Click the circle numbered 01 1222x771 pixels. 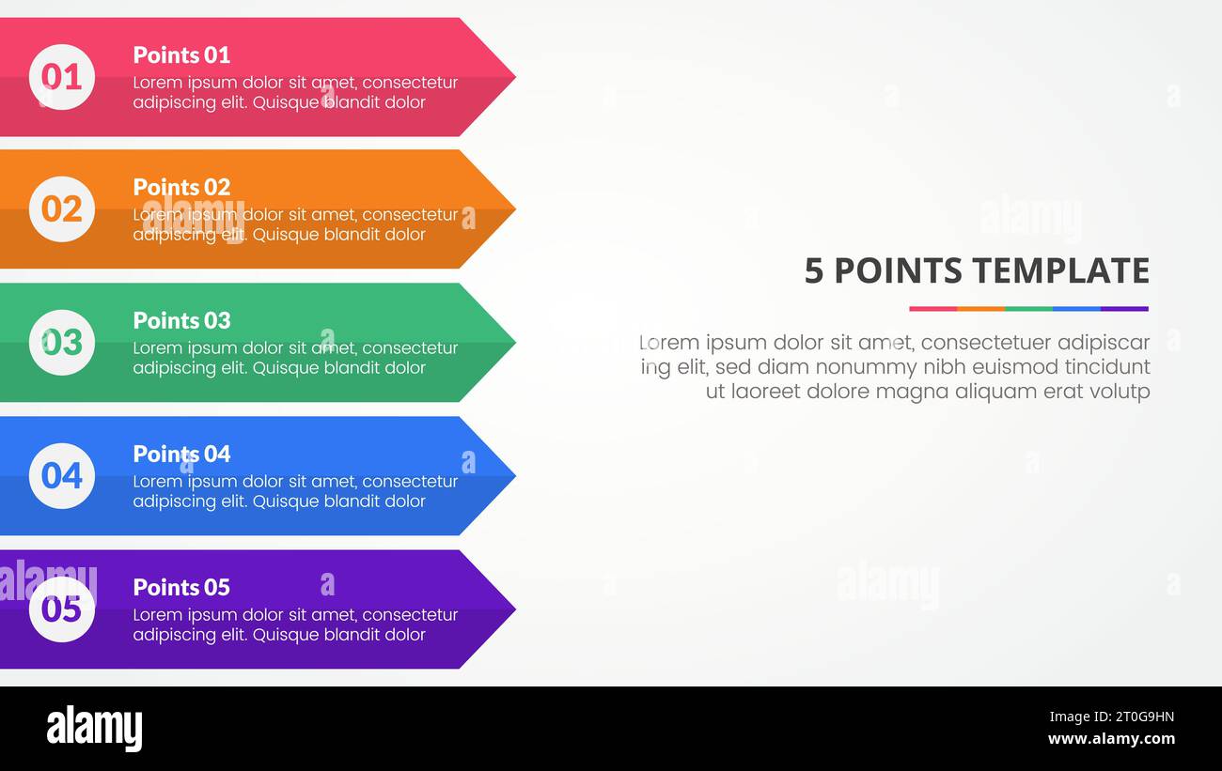[x=62, y=77]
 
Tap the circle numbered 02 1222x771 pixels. [x=62, y=209]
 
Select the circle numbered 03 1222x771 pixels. [x=62, y=343]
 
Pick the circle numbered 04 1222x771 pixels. [x=62, y=476]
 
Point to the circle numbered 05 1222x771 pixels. [x=62, y=609]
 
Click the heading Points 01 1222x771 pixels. [x=181, y=54]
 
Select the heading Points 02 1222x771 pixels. [x=181, y=187]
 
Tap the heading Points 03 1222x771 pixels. [x=181, y=320]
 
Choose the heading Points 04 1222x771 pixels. [x=181, y=454]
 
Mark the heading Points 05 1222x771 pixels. [x=181, y=587]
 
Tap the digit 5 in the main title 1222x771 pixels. [x=814, y=270]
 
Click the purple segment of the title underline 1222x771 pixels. [x=1124, y=308]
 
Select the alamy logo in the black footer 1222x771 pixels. [x=94, y=729]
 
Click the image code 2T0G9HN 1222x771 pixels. [x=1111, y=717]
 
